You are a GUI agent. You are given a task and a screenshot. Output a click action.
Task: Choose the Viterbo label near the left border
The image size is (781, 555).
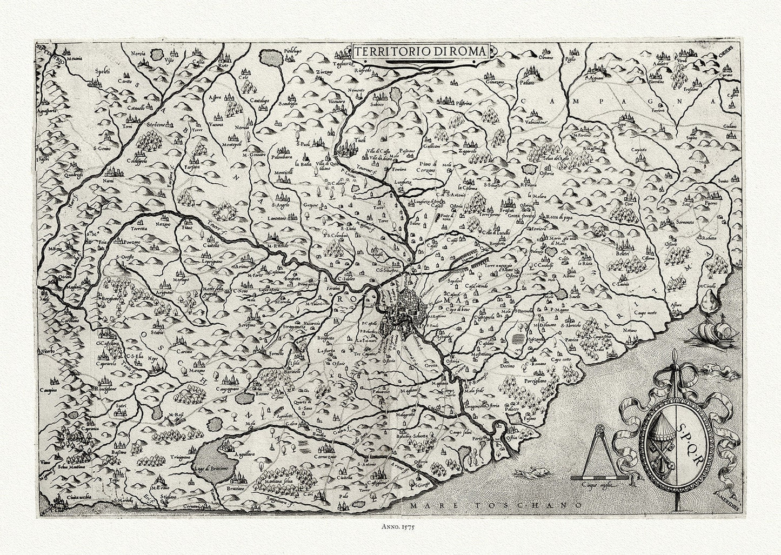(x=48, y=352)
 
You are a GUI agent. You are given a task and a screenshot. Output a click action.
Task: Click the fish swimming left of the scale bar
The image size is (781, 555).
(x=527, y=473)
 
